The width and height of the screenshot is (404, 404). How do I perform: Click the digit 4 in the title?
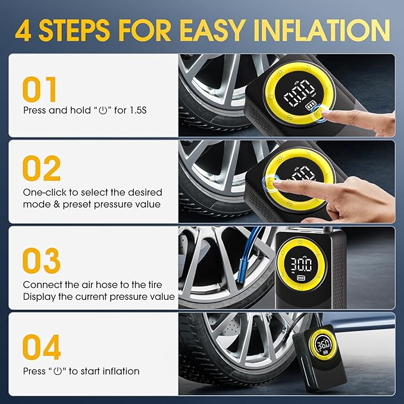click(24, 29)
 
